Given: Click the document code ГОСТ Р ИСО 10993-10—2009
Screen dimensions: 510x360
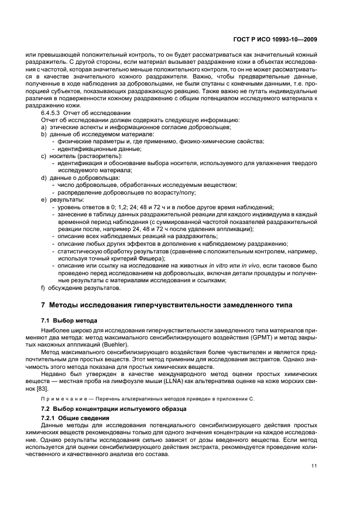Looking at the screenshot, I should [276, 39].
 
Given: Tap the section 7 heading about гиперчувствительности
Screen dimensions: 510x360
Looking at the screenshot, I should [167, 305].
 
